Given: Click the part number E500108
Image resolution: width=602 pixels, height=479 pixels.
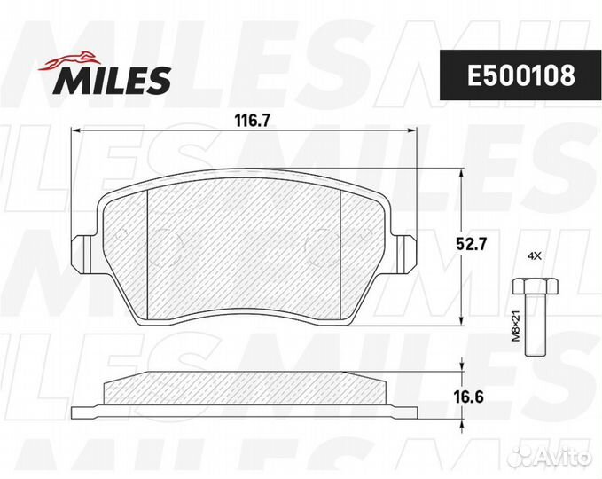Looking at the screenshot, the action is pyautogui.click(x=521, y=75).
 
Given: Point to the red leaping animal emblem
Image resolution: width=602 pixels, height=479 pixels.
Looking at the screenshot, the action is pyautogui.click(x=69, y=61).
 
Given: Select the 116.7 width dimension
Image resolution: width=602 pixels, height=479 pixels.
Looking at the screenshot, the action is pyautogui.click(x=253, y=121).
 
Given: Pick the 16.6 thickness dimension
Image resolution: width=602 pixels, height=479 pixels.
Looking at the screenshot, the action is pyautogui.click(x=467, y=397).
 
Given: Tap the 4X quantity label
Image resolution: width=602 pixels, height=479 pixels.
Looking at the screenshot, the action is pyautogui.click(x=535, y=256).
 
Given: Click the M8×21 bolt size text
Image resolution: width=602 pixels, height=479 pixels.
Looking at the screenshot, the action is pyautogui.click(x=516, y=326).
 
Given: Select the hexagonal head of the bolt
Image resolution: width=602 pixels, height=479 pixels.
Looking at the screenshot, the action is pyautogui.click(x=536, y=286).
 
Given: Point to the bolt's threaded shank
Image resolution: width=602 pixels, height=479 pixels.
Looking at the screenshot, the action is pyautogui.click(x=536, y=325).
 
